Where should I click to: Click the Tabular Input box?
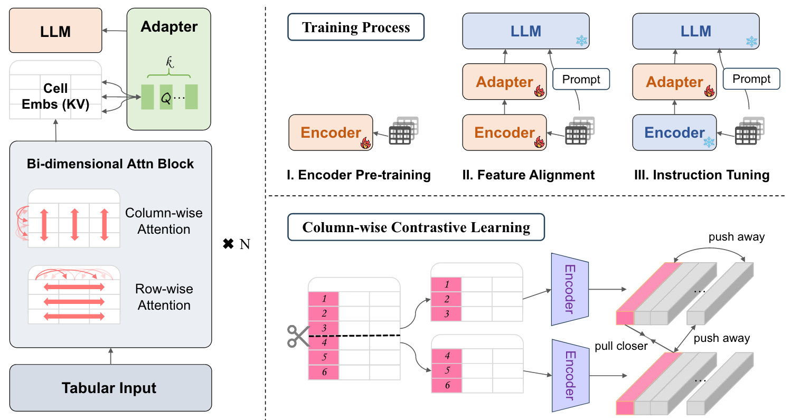[110, 388]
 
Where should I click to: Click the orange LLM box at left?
[55, 30]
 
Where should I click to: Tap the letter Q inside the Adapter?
[166, 98]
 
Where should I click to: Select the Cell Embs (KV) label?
[55, 97]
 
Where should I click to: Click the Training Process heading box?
[356, 27]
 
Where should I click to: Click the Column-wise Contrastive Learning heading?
[416, 227]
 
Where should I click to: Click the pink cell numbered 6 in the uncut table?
[324, 372]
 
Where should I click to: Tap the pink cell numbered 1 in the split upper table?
[447, 284]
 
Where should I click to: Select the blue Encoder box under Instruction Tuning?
[675, 133]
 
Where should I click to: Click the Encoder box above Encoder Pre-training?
[331, 133]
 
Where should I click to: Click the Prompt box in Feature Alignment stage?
[581, 80]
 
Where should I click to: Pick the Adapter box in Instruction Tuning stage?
[675, 82]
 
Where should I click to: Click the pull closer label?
[620, 346]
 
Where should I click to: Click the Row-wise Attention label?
[164, 297]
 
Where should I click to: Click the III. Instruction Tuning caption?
[702, 175]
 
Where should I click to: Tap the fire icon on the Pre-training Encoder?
[365, 142]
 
